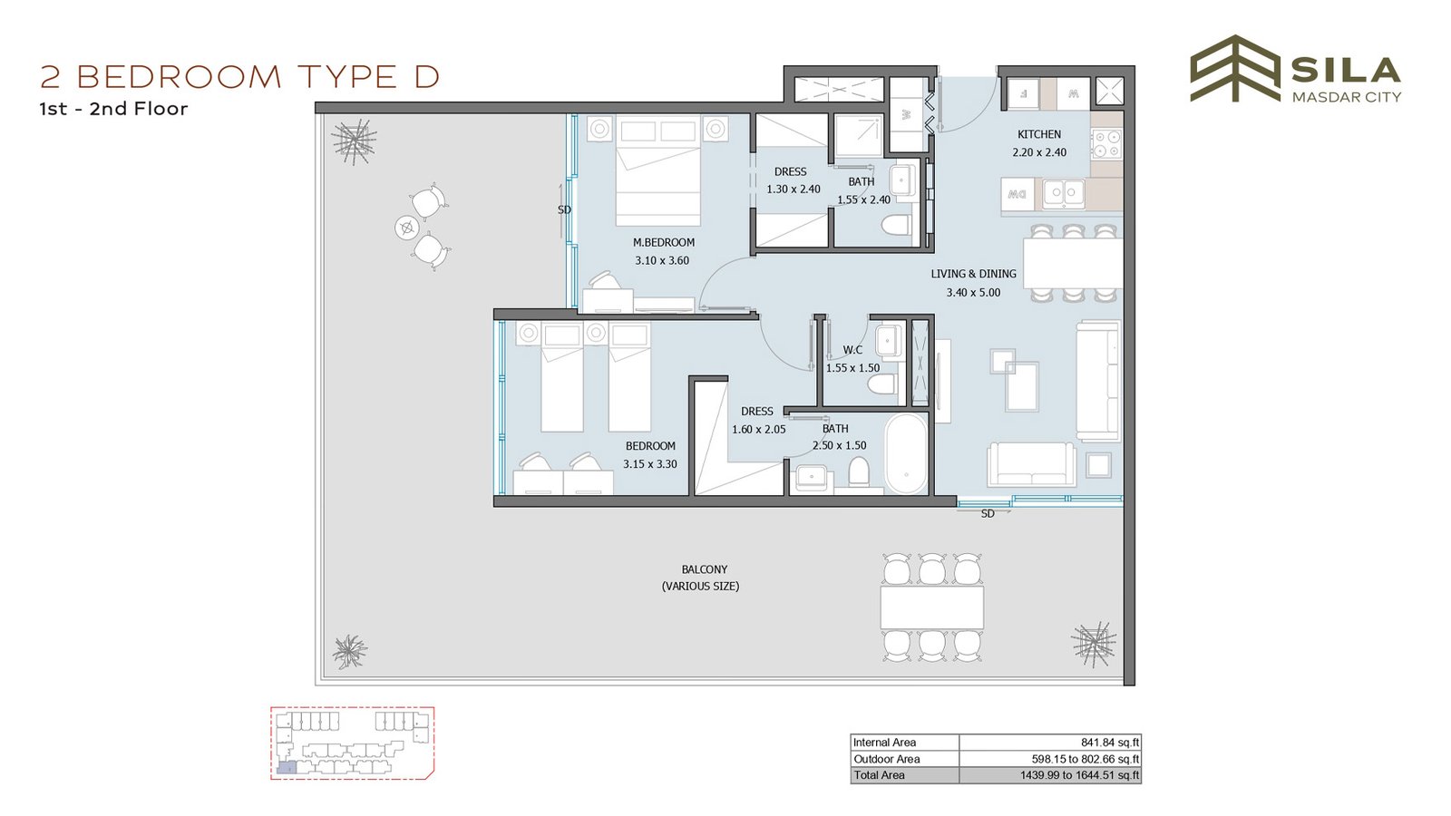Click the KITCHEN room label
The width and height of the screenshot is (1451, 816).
point(1039,135)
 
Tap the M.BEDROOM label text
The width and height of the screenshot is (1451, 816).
point(663,243)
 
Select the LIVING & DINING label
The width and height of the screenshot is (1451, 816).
point(973,274)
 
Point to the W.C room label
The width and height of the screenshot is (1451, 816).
point(852,350)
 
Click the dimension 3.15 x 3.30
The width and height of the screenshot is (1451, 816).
point(649,464)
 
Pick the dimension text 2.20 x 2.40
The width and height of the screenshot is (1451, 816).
point(1039,153)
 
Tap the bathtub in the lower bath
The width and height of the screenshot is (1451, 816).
point(906,454)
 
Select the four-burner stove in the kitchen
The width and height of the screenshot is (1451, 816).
point(1106,144)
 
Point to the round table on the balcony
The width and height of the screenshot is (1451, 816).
point(407,228)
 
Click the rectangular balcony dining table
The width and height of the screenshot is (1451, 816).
point(931,607)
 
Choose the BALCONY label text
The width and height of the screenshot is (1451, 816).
point(704,570)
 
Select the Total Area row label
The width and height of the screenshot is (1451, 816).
point(879,775)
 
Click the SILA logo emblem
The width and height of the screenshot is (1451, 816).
point(1234,69)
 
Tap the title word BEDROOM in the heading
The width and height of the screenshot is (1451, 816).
point(180,77)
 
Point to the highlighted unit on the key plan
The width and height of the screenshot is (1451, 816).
point(286,768)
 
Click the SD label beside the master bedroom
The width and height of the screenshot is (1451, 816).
point(564,209)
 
